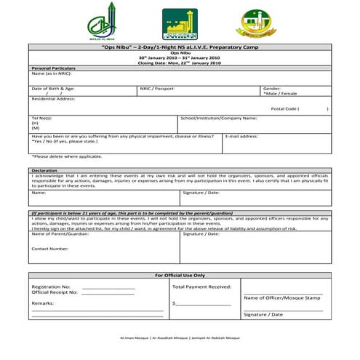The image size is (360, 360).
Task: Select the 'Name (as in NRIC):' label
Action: [51, 73]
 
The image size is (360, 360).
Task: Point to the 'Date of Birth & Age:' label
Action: [53, 88]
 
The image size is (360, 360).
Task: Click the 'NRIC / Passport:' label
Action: [158, 88]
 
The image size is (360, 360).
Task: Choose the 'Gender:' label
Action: [272, 88]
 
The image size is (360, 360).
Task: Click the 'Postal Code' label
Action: [284, 108]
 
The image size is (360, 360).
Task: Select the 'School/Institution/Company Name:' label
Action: [218, 118]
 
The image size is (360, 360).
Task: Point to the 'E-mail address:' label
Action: [241, 136]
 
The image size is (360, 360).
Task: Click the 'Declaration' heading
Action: [44, 170]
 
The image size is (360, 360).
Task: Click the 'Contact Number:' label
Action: [49, 248]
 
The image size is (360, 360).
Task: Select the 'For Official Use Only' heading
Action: [180, 276]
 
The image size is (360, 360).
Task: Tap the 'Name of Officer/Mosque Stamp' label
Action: [282, 298]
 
